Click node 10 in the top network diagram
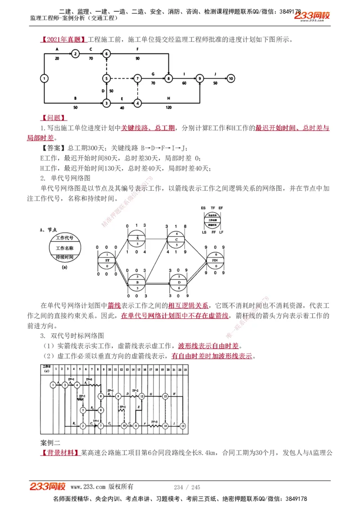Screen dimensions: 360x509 [x=231, y=78]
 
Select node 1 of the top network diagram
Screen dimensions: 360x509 [x=44, y=78]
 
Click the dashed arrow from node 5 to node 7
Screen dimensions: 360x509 [x=121, y=78]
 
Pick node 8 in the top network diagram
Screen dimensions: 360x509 [x=168, y=78]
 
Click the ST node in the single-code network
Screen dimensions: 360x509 [x=107, y=260]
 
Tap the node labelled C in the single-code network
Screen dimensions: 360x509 [x=177, y=239]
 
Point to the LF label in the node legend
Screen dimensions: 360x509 [x=221, y=232]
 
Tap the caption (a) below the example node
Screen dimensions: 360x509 [x=64, y=267]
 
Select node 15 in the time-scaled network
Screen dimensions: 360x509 [x=183, y=425]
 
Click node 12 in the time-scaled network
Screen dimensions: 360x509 [x=141, y=396]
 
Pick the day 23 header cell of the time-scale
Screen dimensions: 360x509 [x=185, y=369]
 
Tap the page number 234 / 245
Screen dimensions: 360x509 [x=187, y=487]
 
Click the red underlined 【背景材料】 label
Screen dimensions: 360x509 [x=60, y=452]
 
